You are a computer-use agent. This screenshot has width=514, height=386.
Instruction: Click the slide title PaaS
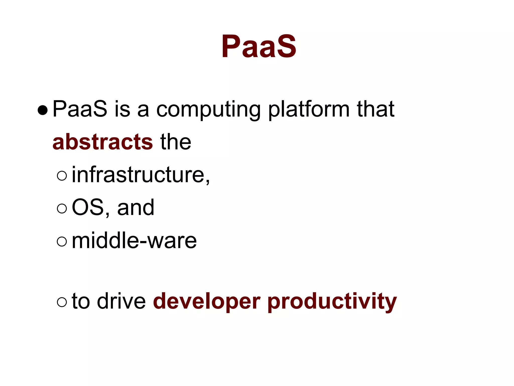pyautogui.click(x=259, y=47)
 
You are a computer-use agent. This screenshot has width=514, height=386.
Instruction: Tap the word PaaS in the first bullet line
pyautogui.click(x=80, y=109)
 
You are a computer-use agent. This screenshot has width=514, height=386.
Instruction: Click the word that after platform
pyautogui.click(x=375, y=109)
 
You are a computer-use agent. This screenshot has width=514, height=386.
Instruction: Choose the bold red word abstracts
pyautogui.click(x=102, y=142)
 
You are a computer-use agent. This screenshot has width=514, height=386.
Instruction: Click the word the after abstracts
pyautogui.click(x=176, y=142)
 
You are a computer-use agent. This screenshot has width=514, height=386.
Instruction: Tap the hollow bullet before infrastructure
pyautogui.click(x=62, y=176)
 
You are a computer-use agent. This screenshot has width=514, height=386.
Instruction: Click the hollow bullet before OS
pyautogui.click(x=62, y=208)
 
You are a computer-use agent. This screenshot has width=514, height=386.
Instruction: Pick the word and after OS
pyautogui.click(x=136, y=208)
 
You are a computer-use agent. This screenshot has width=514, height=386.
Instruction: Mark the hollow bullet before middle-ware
pyautogui.click(x=62, y=241)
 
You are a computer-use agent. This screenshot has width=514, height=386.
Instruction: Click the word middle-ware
pyautogui.click(x=134, y=241)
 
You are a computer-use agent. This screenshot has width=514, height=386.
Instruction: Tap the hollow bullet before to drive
pyautogui.click(x=62, y=302)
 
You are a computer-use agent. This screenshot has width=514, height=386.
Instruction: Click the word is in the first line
pyautogui.click(x=122, y=109)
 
